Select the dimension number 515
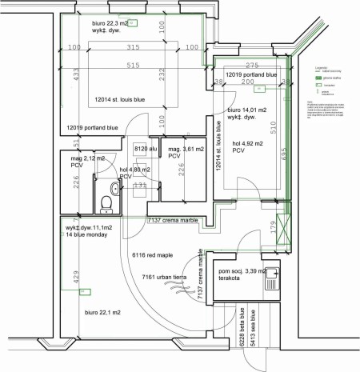click(133, 65)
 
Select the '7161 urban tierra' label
click(166, 278)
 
